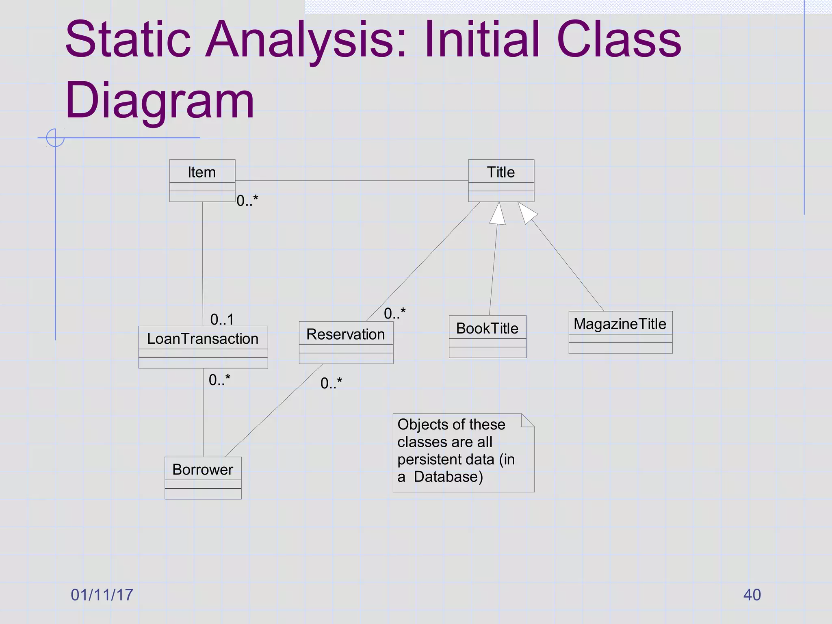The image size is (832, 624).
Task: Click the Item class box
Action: tap(202, 180)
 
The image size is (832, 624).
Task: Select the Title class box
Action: tap(501, 180)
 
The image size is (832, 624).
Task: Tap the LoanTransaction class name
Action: tap(203, 338)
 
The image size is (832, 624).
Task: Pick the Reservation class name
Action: tap(346, 334)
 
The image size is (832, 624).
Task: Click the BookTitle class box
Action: tap(487, 336)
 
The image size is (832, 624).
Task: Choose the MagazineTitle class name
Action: tap(620, 324)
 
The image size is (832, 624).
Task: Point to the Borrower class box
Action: tap(203, 478)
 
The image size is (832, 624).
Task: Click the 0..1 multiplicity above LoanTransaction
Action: tap(222, 319)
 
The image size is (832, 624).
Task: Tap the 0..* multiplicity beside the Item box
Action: tap(247, 201)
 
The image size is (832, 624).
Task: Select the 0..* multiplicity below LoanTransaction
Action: tap(219, 380)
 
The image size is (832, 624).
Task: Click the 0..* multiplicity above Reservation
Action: tap(394, 313)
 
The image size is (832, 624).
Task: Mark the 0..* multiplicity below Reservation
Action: tap(331, 383)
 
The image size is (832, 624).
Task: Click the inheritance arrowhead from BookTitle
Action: tap(498, 214)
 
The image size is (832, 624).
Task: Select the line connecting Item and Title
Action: tap(351, 181)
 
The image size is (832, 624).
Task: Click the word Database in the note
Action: tap(448, 477)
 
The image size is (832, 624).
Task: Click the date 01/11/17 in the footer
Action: tap(102, 595)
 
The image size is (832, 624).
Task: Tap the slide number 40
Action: tap(752, 595)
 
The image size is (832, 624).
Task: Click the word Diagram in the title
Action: tap(159, 100)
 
